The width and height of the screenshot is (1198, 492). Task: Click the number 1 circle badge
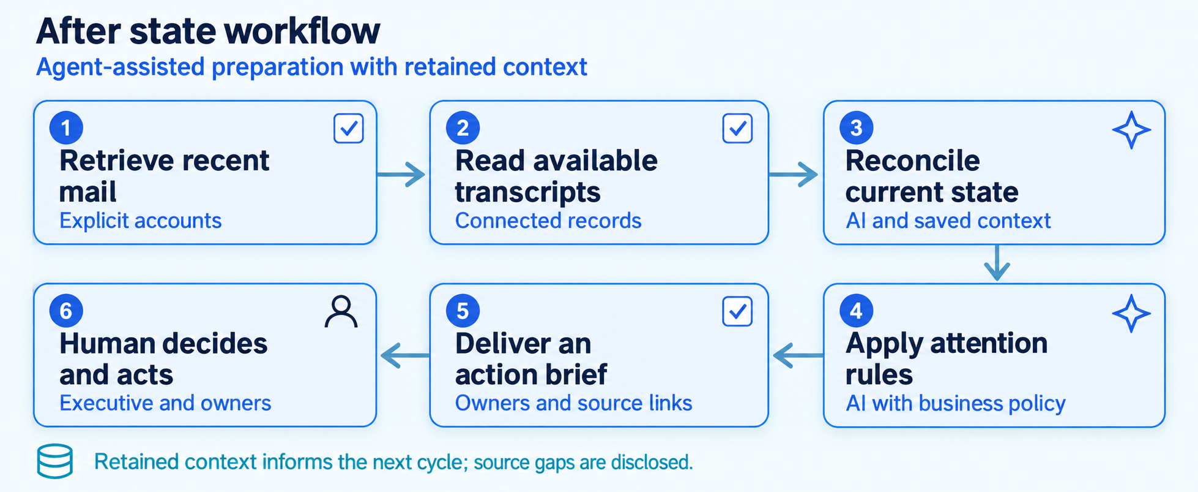[x=66, y=128]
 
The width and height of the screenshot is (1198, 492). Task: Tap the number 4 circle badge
[x=856, y=311]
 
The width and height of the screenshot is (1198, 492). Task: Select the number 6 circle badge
[x=66, y=311]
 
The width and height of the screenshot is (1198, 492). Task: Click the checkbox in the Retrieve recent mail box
[x=349, y=129]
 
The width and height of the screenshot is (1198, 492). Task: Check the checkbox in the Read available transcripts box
[x=737, y=129]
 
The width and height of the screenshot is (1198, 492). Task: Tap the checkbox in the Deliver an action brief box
[x=737, y=311]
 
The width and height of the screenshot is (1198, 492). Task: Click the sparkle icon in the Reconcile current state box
[x=1131, y=130]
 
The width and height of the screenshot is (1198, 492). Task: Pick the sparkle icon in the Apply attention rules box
[x=1131, y=313]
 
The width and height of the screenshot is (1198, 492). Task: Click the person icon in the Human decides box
[x=341, y=312]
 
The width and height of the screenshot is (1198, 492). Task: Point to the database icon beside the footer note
[x=55, y=461]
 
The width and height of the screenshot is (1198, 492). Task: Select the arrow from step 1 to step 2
[x=401, y=175]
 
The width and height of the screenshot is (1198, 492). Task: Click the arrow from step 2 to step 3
[x=793, y=175]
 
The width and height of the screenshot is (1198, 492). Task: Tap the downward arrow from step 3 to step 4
[x=997, y=262]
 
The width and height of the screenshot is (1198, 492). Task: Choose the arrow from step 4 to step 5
[x=798, y=355]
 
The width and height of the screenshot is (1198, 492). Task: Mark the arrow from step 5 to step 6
[x=405, y=355]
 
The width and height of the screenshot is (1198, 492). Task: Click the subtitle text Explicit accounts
[x=141, y=221]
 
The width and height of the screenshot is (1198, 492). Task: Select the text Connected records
[x=548, y=221]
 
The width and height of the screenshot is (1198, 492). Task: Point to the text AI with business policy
[x=956, y=404]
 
